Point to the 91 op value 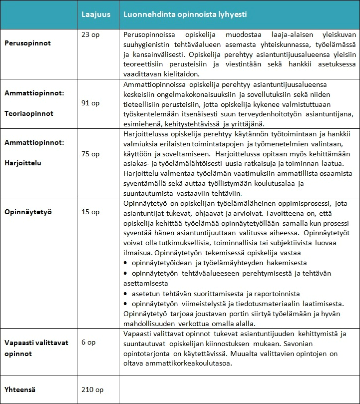[x=90, y=103]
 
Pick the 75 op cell [x=90, y=154]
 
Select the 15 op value [x=90, y=212]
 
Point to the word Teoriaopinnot [x=29, y=113]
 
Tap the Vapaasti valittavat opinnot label [x=36, y=347]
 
